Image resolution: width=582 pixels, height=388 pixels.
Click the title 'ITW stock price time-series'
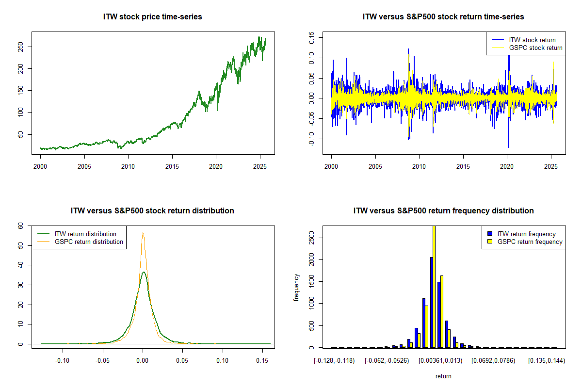click(x=153, y=17)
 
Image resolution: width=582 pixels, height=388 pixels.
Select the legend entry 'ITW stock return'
click(x=532, y=40)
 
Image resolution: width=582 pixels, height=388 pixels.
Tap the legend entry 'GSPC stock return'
click(x=535, y=48)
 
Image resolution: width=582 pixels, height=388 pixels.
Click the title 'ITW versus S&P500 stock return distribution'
click(x=153, y=211)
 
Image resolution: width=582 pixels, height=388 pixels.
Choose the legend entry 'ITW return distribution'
click(x=85, y=234)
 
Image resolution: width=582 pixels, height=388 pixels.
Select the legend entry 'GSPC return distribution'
click(x=89, y=242)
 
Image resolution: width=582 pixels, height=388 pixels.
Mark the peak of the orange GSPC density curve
click(x=143, y=232)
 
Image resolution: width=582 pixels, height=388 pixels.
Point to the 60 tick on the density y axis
click(x=20, y=226)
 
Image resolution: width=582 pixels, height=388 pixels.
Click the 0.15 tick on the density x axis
click(x=262, y=360)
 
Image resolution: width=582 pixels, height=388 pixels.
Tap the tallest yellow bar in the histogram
click(x=434, y=286)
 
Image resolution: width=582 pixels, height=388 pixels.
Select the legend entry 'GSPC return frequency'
click(x=530, y=242)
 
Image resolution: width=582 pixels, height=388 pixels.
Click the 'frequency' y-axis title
click(x=297, y=287)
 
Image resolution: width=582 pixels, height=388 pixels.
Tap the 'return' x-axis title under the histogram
click(x=443, y=376)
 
